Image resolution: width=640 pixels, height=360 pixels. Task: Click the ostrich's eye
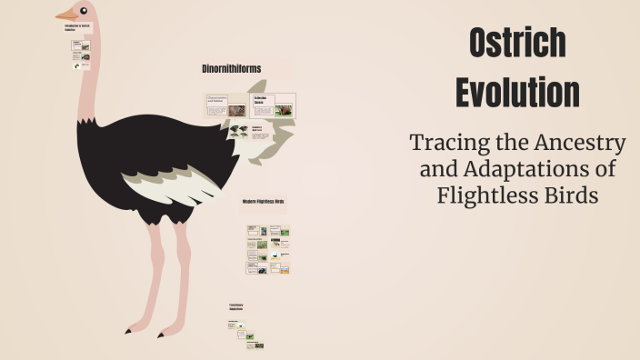coord(85,11)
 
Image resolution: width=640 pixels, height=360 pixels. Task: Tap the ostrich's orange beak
coord(66,15)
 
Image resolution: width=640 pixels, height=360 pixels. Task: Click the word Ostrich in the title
coord(517,44)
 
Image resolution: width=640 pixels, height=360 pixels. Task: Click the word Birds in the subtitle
coord(569,195)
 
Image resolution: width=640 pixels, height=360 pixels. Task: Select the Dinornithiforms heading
coord(232,69)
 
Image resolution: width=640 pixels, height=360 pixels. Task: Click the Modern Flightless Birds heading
coord(264,201)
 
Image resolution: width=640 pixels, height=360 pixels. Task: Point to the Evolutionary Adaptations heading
coord(235,307)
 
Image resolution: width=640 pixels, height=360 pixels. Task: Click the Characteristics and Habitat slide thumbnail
coord(226,105)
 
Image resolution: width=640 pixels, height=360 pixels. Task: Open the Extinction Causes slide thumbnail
coord(273,105)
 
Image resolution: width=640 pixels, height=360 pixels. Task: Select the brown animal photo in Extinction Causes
coord(285,111)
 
